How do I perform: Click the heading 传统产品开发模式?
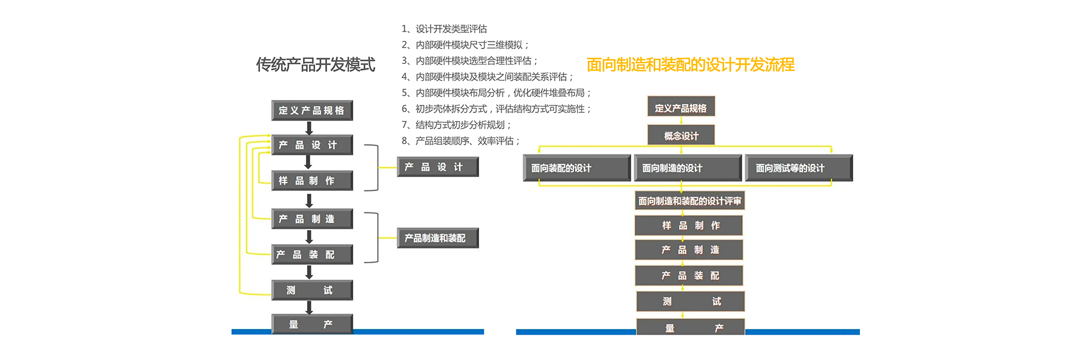[315, 65]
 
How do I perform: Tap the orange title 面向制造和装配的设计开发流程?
[690, 65]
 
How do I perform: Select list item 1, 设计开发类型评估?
[444, 29]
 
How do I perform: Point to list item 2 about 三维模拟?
[465, 45]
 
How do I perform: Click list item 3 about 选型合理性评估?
[470, 61]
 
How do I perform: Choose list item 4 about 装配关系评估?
[488, 77]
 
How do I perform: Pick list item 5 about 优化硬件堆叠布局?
[496, 93]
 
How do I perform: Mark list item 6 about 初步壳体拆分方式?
[496, 109]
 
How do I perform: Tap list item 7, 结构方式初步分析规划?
[457, 125]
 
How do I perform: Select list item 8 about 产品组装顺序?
[461, 141]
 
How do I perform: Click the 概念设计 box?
[681, 135]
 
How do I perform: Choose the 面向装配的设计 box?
[576, 168]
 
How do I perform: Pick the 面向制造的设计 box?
[688, 168]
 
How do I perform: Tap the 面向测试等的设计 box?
[799, 168]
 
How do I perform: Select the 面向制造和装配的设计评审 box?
[689, 201]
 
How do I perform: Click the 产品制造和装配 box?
[437, 238]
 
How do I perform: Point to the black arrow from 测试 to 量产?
[309, 307]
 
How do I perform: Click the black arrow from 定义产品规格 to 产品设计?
[309, 128]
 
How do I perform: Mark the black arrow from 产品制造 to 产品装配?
[309, 236]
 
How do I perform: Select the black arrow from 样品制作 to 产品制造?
[309, 200]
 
